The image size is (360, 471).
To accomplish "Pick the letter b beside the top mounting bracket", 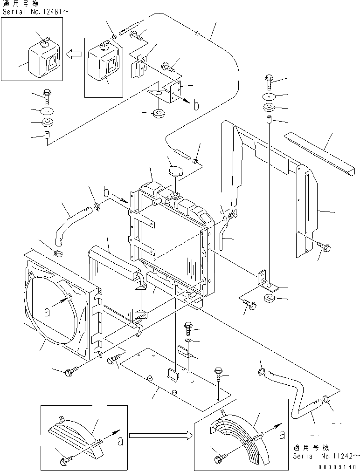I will pyautogui.click(x=196, y=105).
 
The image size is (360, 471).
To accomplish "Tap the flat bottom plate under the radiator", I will pyautogui.click(x=173, y=377).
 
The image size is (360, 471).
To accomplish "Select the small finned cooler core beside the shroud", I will pyautogui.click(x=112, y=284).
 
